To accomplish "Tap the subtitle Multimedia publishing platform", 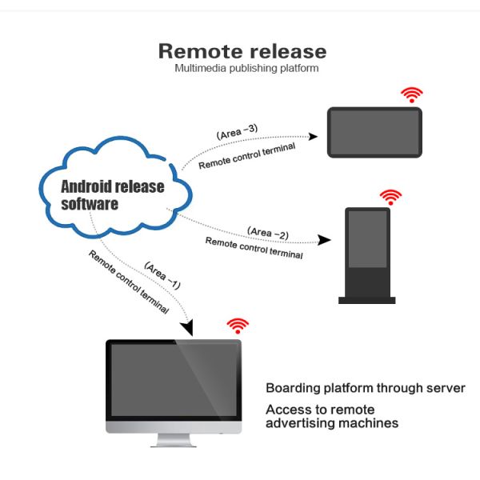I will [x=246, y=68].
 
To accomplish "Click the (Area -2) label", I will [x=268, y=233].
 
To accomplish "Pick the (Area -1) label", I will [x=162, y=276].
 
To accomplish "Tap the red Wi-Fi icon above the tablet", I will [x=412, y=95].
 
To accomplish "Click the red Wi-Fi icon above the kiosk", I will [x=390, y=197].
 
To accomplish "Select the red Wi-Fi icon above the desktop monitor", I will [x=238, y=325].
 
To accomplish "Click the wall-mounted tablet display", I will [x=374, y=132].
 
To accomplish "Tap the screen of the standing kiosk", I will [x=366, y=241].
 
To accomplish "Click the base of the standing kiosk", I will [x=366, y=300].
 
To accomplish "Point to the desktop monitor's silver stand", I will [x=174, y=440].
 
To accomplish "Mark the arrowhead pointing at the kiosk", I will [x=324, y=240].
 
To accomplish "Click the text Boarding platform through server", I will [x=365, y=388].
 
